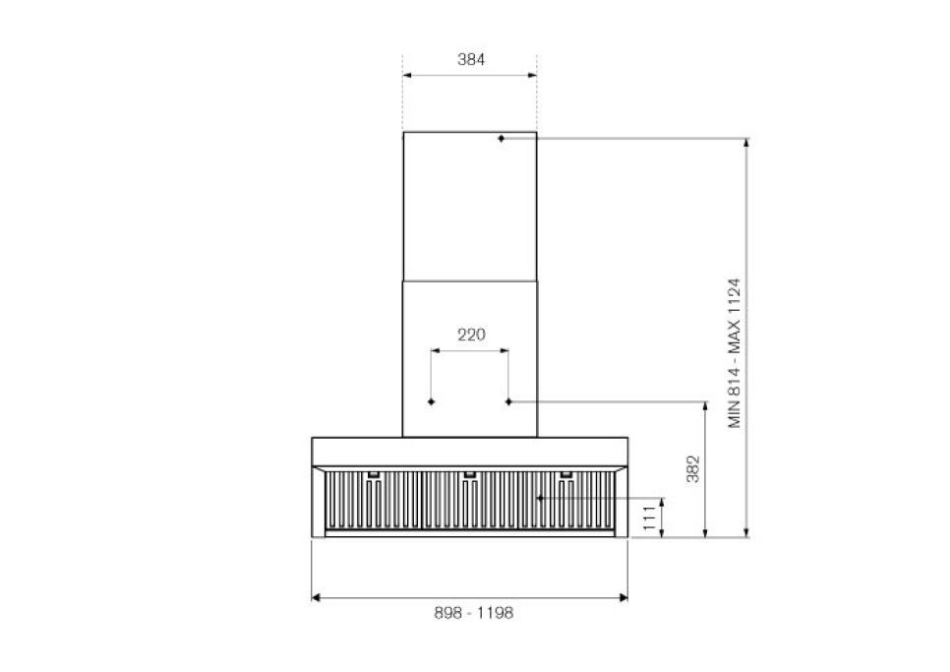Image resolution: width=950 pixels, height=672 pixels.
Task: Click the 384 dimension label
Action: point(471,59)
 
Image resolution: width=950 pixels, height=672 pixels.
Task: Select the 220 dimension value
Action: point(471,335)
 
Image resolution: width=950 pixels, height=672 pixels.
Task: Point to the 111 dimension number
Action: point(649,518)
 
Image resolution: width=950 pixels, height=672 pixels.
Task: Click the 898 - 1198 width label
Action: point(473,612)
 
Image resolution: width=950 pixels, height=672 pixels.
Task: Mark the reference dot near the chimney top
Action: point(501,139)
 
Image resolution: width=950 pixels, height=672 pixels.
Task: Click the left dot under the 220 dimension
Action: point(432,401)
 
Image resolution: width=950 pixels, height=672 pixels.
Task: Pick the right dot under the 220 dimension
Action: point(508,401)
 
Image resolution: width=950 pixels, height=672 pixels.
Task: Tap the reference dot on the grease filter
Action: point(540,499)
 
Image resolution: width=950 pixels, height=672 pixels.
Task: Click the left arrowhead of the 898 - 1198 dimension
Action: point(316,596)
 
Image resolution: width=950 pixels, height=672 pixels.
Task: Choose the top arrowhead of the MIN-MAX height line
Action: point(747,144)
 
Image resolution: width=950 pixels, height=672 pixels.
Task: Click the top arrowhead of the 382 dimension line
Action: point(706,406)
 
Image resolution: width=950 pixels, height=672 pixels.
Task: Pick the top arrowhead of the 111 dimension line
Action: point(664,503)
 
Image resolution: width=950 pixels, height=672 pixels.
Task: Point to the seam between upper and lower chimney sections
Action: point(469,278)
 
